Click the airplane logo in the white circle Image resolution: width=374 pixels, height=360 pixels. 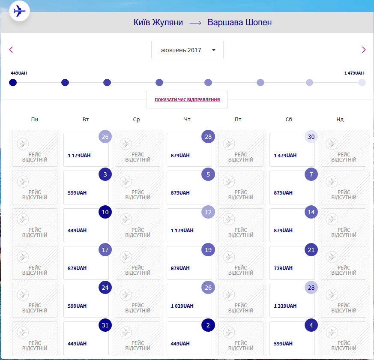(19, 11)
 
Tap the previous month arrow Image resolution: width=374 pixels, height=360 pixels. (11, 50)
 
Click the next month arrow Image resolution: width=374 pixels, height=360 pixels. (364, 50)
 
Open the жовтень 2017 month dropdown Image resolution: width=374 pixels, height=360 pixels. (187, 50)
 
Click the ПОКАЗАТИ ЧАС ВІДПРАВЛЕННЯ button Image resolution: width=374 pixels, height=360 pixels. (187, 100)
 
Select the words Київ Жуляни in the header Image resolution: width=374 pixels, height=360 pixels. (158, 23)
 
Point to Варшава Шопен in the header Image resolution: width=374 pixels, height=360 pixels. (239, 23)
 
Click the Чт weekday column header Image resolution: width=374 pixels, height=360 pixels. (187, 120)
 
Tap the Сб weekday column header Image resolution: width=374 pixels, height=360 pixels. (289, 120)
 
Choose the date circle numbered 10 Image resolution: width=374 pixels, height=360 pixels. (105, 212)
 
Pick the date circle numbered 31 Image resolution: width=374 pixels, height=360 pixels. (105, 325)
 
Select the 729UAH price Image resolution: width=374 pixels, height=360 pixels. (283, 268)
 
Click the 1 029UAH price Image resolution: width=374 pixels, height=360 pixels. (182, 306)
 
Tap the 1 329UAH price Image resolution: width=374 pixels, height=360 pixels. (285, 306)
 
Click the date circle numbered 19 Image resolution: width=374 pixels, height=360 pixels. (208, 250)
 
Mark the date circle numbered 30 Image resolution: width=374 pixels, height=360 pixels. (311, 137)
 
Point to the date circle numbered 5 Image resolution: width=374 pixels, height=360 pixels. (208, 174)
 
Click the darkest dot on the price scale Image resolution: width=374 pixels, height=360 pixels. (13, 82)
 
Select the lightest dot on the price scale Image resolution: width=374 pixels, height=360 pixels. (362, 82)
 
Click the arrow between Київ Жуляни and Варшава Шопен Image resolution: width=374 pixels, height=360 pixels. (195, 23)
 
